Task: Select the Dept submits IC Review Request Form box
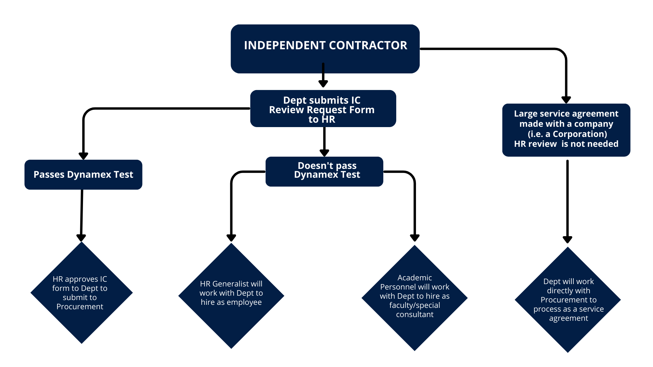click(323, 109)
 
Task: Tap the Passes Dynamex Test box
click(83, 175)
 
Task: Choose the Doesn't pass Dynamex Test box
click(324, 171)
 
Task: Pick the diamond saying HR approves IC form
click(81, 293)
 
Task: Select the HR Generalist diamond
click(231, 295)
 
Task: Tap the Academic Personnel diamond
click(414, 298)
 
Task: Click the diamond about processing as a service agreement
click(568, 300)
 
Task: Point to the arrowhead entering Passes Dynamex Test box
click(83, 156)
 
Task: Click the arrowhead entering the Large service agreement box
click(566, 100)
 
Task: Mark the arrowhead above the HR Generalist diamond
click(231, 238)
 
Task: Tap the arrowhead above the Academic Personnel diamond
click(415, 238)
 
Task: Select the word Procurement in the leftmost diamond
click(80, 307)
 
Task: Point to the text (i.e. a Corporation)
click(567, 134)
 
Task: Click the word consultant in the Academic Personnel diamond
click(415, 314)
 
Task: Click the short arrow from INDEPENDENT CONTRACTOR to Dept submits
click(323, 75)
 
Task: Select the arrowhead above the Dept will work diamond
click(567, 239)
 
